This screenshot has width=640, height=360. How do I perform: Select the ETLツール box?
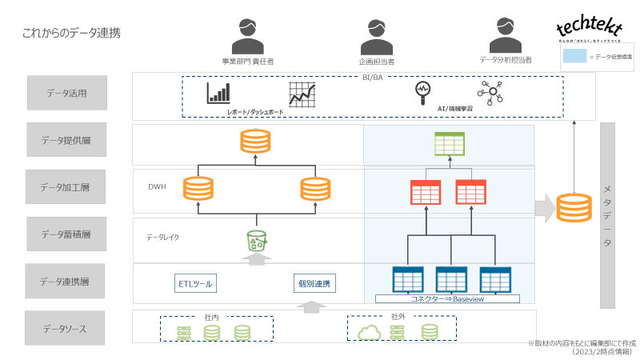(x=195, y=282)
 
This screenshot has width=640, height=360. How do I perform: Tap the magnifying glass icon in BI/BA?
(x=422, y=92)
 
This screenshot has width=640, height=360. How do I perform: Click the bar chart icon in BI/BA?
(x=218, y=93)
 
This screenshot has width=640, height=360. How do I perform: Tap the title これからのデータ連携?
(x=72, y=33)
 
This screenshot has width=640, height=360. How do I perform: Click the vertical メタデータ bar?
(x=607, y=214)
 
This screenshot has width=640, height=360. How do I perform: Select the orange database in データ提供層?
(x=256, y=142)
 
